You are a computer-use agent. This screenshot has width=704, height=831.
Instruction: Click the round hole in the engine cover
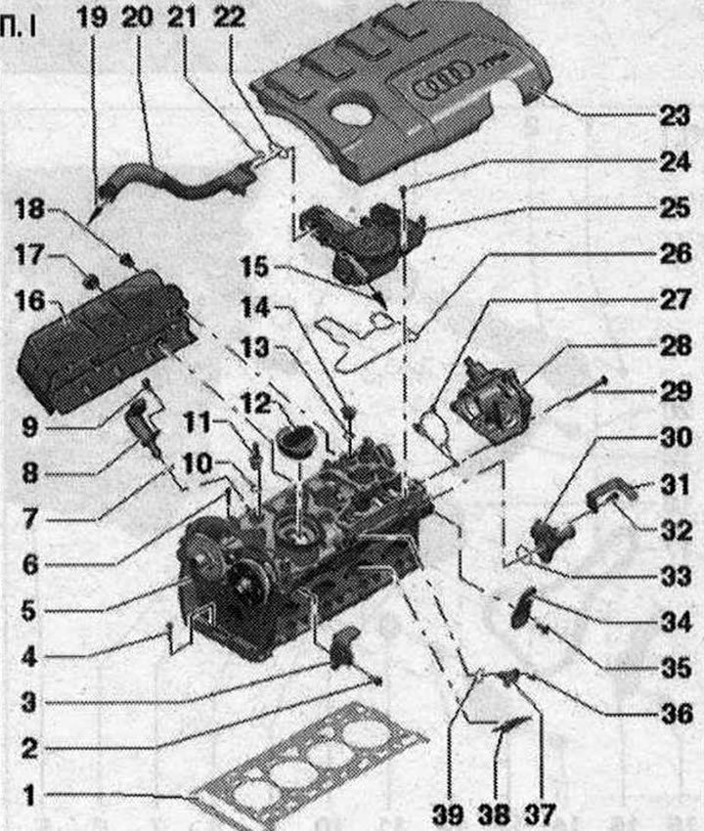coord(350,115)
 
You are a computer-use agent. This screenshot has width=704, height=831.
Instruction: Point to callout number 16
coord(29,302)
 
